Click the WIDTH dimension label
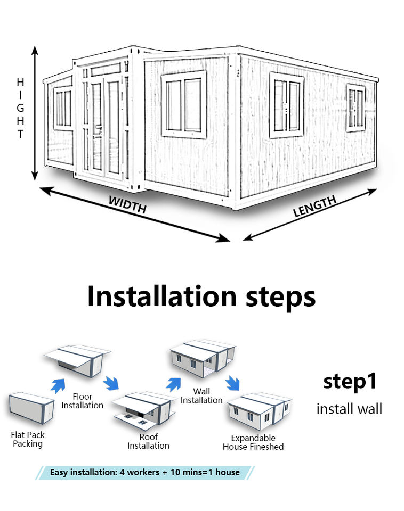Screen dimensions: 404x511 click(127, 205)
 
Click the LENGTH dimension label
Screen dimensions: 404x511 click(314, 207)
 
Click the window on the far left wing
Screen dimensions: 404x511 click(63, 109)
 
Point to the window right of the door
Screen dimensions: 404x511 click(184, 104)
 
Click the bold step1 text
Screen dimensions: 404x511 click(350, 382)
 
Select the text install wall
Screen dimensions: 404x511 click(349, 409)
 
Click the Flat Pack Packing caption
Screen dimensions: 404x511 click(28, 439)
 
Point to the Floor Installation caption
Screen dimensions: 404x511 click(82, 401)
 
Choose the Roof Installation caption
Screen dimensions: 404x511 click(148, 441)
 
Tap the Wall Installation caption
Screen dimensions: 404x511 click(201, 396)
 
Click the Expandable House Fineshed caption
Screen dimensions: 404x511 click(253, 442)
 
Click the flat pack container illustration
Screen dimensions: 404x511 click(32, 409)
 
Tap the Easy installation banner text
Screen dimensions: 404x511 click(145, 472)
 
